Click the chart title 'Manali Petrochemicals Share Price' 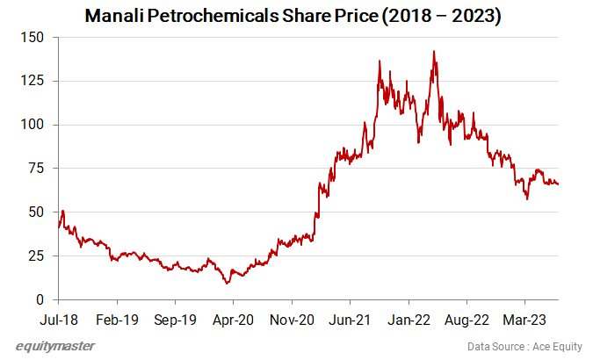pyautogui.click(x=293, y=16)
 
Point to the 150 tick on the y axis pyautogui.click(x=35, y=37)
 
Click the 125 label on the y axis pyautogui.click(x=35, y=81)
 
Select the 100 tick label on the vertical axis pyautogui.click(x=35, y=125)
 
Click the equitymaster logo pyautogui.click(x=54, y=345)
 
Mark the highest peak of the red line pyautogui.click(x=434, y=51)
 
